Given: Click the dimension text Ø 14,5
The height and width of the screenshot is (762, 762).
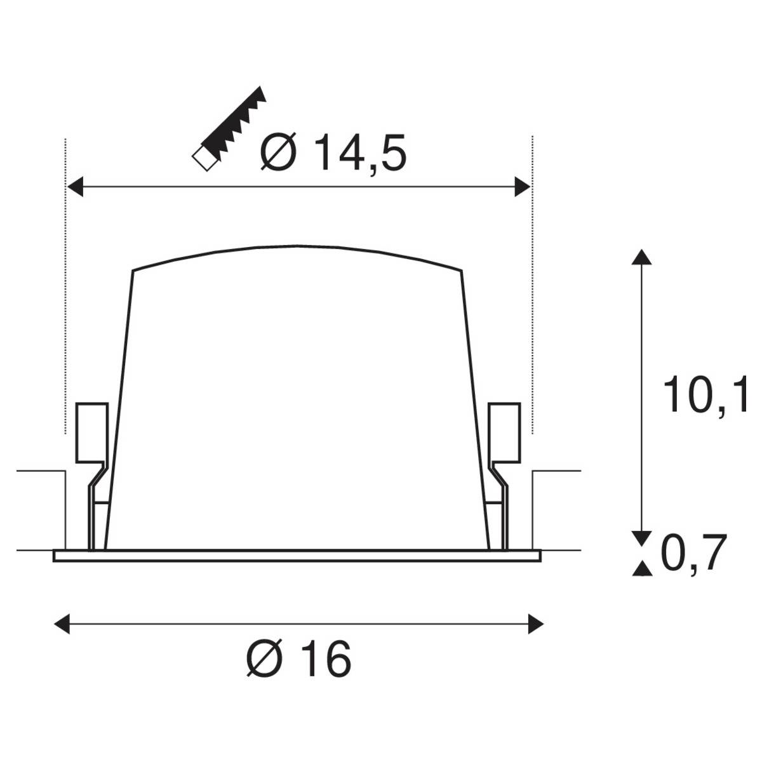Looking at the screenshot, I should click(x=333, y=154).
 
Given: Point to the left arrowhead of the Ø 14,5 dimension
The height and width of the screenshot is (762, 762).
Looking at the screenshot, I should click(x=76, y=187).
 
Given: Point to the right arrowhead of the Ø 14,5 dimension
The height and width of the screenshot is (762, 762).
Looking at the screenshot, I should click(x=522, y=187).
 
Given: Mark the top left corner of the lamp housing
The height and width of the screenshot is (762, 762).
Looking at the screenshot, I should click(x=133, y=271).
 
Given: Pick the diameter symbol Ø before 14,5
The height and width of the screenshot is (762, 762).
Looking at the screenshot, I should click(x=278, y=154).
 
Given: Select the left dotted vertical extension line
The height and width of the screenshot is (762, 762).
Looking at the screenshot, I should click(x=65, y=286).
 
